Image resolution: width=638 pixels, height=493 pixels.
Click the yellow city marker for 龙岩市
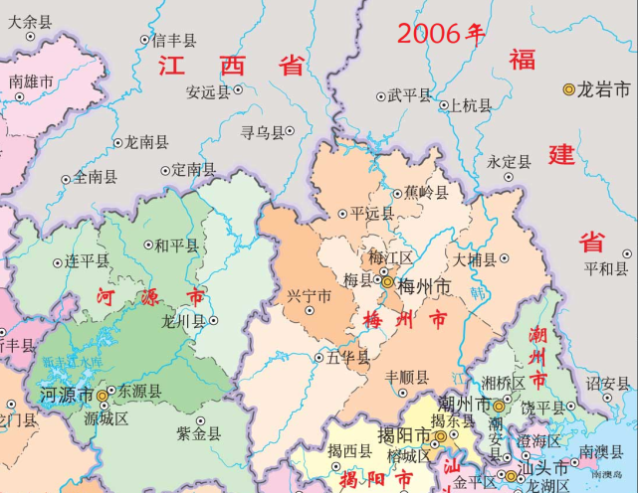[x=569, y=89]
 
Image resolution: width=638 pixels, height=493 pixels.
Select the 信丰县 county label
[x=174, y=41]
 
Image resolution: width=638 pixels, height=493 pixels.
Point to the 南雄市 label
[x=32, y=82]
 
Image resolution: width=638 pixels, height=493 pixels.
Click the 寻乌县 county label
[x=263, y=130]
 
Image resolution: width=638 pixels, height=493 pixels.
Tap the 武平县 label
[x=410, y=96]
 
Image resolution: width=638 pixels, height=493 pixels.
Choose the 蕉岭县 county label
[x=427, y=192]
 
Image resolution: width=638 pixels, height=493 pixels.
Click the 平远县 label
[x=373, y=213]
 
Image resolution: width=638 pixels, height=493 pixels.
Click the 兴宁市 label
[x=309, y=295]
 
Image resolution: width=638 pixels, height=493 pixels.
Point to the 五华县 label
[x=347, y=357]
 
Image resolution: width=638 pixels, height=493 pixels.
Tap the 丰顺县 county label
[x=407, y=378]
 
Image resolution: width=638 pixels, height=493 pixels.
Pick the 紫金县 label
[x=198, y=433]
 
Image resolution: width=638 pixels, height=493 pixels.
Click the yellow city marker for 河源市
[x=102, y=395]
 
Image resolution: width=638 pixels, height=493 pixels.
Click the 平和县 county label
[x=607, y=268]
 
